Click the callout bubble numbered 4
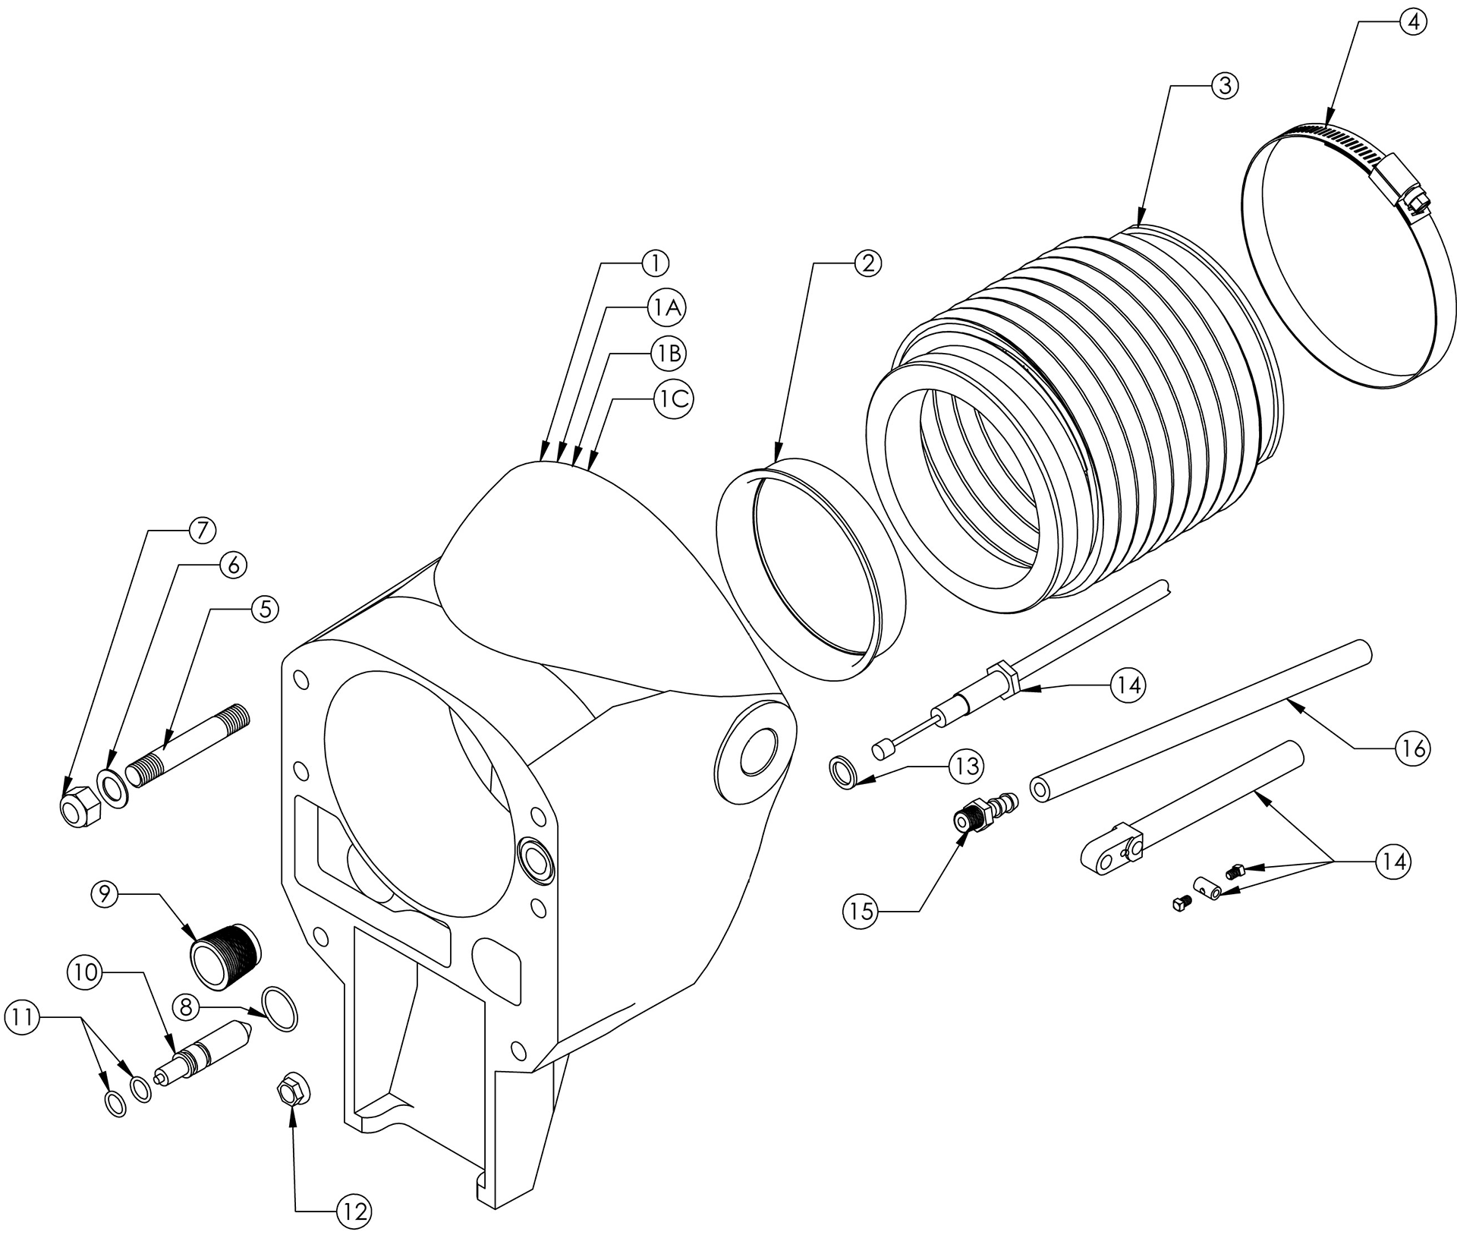pos(1412,23)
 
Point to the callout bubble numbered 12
pos(354,1211)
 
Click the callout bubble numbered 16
pos(1413,748)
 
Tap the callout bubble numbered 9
pos(106,894)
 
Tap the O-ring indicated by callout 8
pos(280,1009)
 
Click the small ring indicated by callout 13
pos(844,773)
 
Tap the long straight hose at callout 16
pos(1199,717)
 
